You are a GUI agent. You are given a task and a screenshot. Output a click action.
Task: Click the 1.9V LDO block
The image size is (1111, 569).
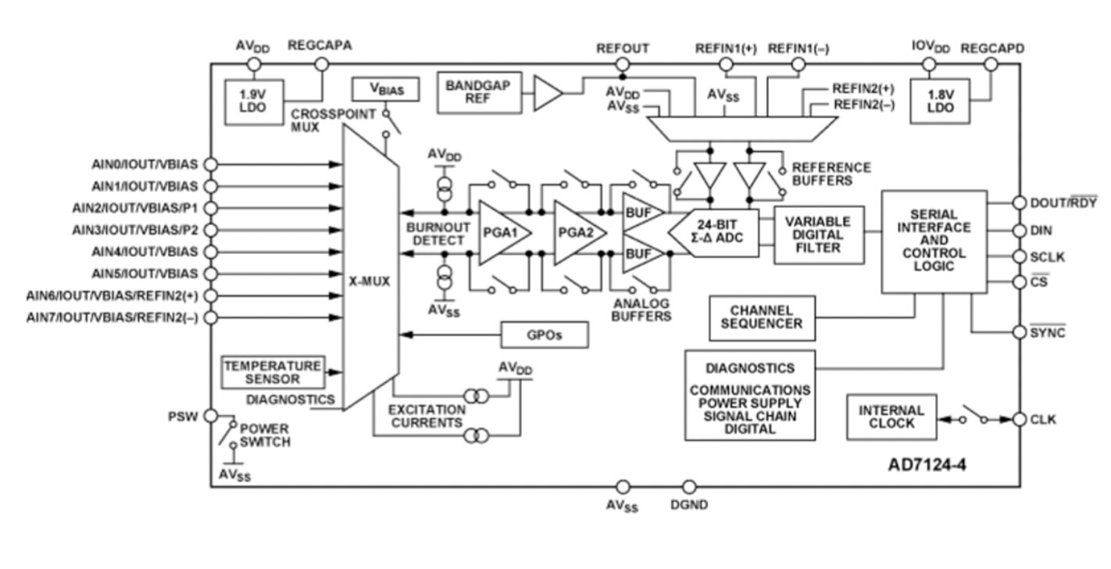coord(254,102)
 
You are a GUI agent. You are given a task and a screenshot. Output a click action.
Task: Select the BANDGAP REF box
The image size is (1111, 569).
coord(479,93)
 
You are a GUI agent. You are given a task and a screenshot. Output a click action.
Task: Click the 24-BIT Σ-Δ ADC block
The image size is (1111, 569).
coord(714,233)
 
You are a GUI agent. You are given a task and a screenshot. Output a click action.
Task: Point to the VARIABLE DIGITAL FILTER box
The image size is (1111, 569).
coord(818,235)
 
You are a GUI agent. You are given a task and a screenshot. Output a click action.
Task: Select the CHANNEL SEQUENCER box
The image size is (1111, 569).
coord(762,318)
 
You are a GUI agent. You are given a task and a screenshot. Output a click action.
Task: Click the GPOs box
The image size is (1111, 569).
coord(545,335)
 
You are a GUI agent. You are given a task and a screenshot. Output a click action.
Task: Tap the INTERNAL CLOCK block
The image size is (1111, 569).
coord(891,417)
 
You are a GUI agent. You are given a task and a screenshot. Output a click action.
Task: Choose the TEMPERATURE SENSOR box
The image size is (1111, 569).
coord(273,372)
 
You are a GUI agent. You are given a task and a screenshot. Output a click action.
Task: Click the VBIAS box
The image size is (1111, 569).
coord(385,89)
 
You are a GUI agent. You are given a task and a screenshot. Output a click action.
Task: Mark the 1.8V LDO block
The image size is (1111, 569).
coord(940,101)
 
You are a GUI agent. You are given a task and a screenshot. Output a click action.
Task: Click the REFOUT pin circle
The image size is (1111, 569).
coord(623,65)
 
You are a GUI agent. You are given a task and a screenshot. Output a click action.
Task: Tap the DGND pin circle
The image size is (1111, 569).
coord(689,487)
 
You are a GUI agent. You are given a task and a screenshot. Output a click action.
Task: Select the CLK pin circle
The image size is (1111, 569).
coord(1020,420)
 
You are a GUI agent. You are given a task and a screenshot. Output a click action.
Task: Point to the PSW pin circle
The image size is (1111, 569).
coord(211,416)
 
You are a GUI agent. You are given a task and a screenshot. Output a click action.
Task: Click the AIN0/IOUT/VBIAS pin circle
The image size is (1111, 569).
coord(211,164)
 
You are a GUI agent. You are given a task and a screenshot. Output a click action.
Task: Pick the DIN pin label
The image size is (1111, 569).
coord(1041,231)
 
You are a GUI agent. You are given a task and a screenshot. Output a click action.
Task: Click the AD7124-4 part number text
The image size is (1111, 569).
coord(927,465)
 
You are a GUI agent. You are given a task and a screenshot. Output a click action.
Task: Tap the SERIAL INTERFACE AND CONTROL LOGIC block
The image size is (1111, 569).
coord(934,241)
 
